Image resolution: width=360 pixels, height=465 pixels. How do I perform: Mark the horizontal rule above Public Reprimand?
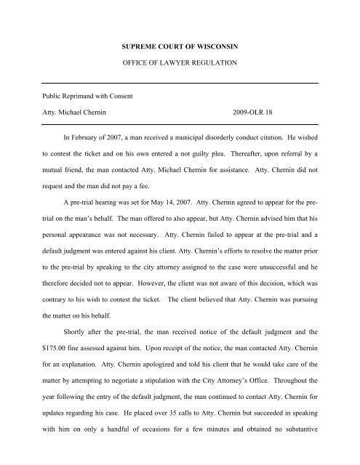pos(180,84)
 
